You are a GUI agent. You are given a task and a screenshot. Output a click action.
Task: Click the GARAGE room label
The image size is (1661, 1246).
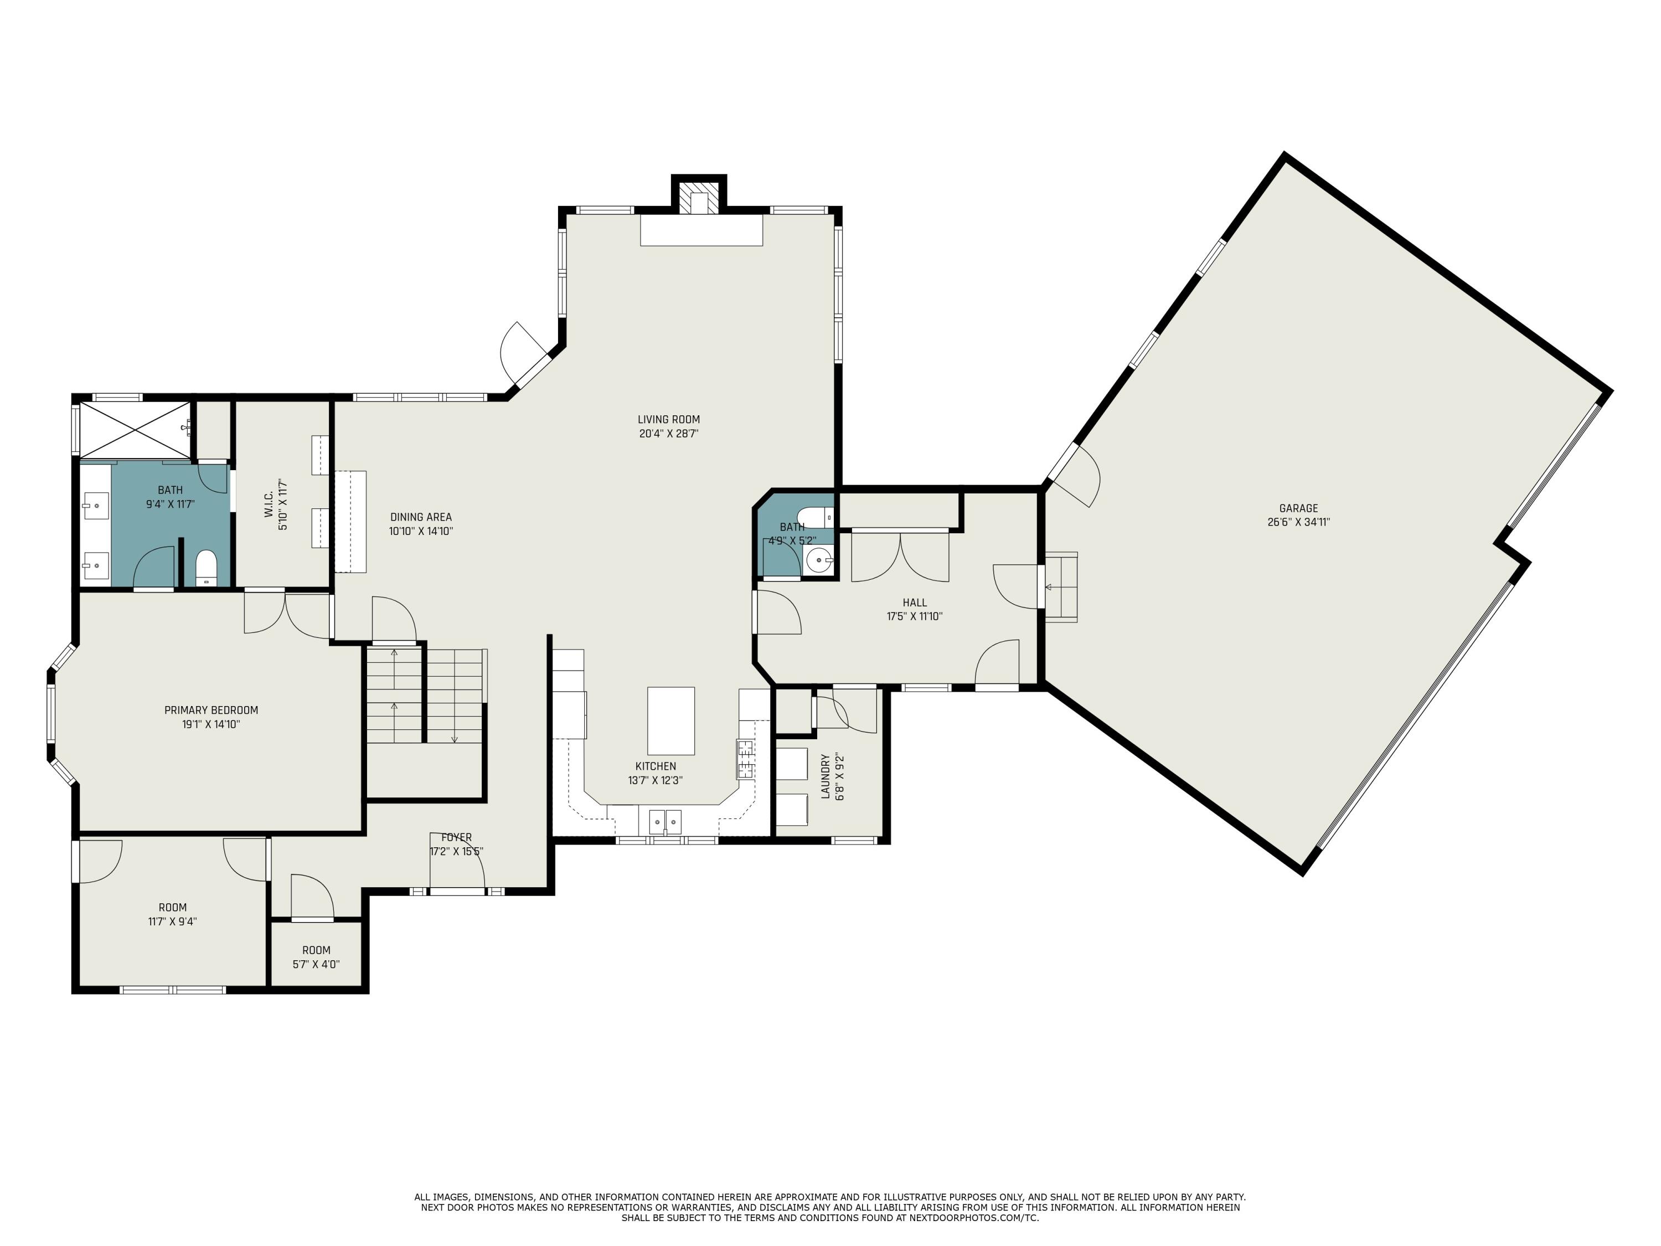click(1298, 508)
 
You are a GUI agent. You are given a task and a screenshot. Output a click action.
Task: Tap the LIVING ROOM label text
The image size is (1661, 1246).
click(668, 420)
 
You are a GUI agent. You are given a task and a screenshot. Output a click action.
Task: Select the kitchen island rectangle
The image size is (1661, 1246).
click(670, 720)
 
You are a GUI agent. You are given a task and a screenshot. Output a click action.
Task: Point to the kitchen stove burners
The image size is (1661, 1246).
click(745, 759)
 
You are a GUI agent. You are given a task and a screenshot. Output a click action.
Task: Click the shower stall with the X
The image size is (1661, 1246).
click(135, 430)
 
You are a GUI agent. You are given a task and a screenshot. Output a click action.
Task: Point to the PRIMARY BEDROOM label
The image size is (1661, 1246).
click(211, 710)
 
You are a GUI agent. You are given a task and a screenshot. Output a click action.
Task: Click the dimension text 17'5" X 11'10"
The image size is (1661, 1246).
click(915, 616)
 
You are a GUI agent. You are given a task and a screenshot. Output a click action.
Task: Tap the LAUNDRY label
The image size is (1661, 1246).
click(826, 776)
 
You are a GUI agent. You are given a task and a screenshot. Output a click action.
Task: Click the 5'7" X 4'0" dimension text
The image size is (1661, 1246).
click(316, 964)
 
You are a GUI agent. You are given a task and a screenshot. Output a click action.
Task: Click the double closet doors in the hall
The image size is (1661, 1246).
click(900, 557)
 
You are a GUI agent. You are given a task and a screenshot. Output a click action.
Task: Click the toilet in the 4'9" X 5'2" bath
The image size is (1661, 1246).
click(816, 517)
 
